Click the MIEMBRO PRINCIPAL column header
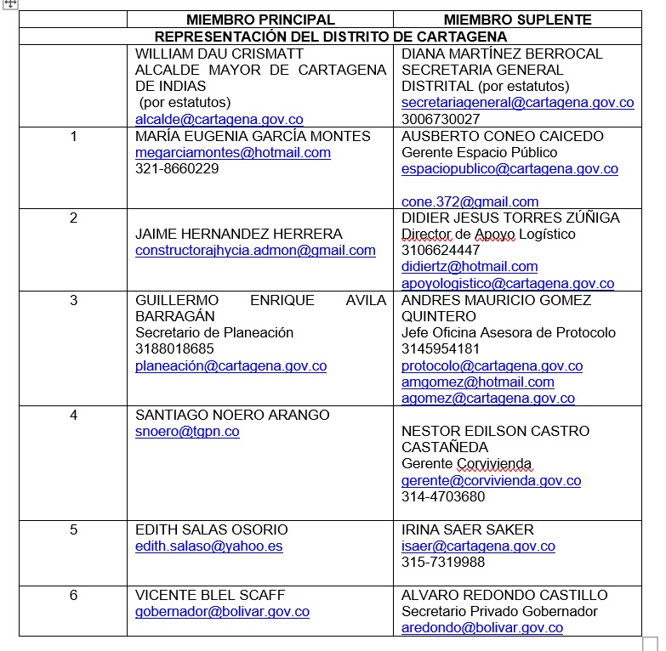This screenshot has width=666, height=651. tap(260, 20)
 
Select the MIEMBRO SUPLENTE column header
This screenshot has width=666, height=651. tap(517, 20)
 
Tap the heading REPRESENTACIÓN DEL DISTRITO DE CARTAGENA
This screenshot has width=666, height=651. tap(331, 37)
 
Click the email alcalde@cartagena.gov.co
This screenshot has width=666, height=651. tap(219, 120)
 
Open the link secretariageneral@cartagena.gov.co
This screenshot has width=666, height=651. tap(517, 103)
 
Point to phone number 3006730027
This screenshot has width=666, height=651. tap(441, 120)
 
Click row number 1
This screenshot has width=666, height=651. tap(73, 136)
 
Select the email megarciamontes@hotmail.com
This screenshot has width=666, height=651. tap(233, 153)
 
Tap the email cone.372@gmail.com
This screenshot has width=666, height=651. tap(470, 201)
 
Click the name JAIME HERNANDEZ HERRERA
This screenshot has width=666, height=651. tap(239, 234)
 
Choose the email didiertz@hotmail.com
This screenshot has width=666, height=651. tap(470, 267)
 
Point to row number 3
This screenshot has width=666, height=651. tap(73, 300)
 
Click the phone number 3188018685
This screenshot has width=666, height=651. tap(174, 349)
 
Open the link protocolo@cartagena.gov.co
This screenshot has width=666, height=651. tap(492, 366)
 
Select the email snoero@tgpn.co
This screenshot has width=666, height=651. tap(187, 432)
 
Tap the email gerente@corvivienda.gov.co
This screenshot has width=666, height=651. tap(491, 481)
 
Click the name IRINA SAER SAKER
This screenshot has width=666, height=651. tap(467, 529)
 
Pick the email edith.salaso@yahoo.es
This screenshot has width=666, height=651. tap(208, 546)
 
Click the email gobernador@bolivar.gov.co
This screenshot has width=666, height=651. tap(222, 612)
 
